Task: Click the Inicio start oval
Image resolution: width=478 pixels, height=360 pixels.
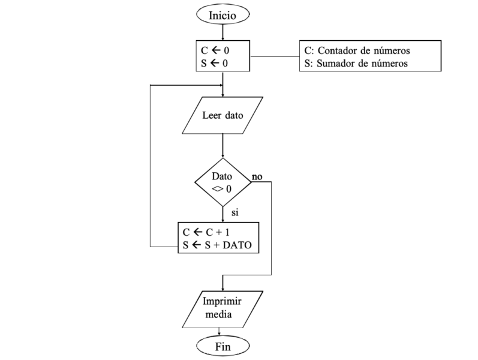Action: pos(223,14)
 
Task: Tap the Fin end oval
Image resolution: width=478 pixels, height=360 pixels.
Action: pos(223,346)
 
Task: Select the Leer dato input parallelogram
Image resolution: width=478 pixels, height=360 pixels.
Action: pos(223,116)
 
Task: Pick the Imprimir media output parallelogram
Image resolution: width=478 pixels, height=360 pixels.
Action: pos(223,307)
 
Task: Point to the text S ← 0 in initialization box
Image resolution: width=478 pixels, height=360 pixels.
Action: pos(207,63)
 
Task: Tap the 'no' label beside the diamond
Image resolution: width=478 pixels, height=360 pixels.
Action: pos(257,176)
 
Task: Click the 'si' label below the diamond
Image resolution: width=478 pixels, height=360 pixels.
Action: pos(235,212)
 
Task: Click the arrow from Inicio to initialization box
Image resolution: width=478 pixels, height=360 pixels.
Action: pos(223,33)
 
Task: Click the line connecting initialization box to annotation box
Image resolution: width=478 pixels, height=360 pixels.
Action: pos(275,58)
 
